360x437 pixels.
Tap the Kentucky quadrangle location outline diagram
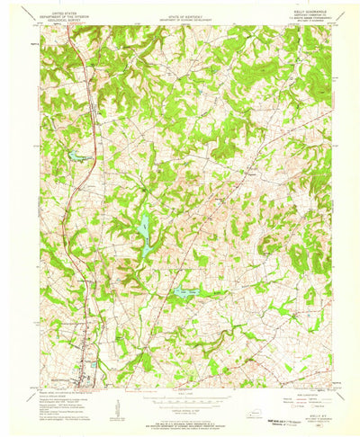257,407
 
